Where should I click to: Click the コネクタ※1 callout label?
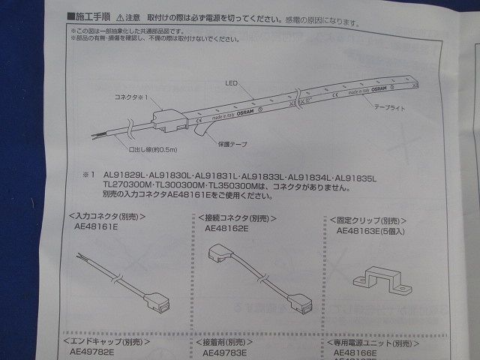coord(133,98)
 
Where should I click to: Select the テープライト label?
coord(389,109)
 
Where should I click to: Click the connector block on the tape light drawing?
coord(166,119)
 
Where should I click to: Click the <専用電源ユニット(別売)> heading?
coord(374,342)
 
